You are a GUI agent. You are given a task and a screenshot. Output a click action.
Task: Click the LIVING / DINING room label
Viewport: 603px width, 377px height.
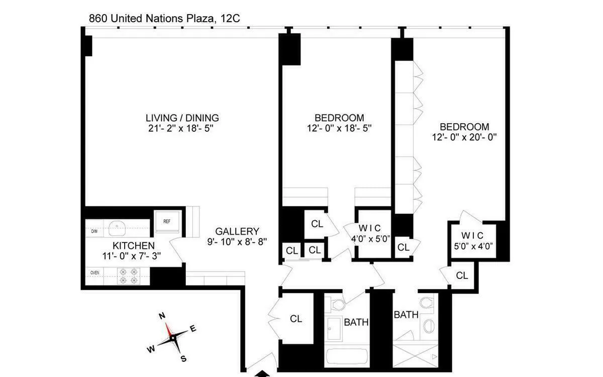pyautogui.click(x=182, y=118)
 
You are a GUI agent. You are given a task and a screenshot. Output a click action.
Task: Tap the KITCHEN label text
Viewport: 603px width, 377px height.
pyautogui.click(x=133, y=246)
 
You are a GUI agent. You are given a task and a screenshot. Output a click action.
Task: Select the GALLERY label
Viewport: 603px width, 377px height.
pyautogui.click(x=237, y=231)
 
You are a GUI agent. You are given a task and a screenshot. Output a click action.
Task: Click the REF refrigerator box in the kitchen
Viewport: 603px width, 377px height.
pyautogui.click(x=166, y=222)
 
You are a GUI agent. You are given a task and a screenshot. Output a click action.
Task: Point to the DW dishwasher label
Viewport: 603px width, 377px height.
pyautogui.click(x=94, y=231)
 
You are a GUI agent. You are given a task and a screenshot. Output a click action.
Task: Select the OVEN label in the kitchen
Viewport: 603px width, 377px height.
pyautogui.click(x=94, y=272)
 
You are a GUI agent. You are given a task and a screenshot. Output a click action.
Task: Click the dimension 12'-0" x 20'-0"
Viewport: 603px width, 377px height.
pyautogui.click(x=464, y=137)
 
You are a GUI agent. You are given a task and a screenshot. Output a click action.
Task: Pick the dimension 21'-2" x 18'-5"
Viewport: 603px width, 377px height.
pyautogui.click(x=182, y=129)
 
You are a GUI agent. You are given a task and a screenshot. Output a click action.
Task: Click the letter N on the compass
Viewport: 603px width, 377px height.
pyautogui.click(x=162, y=316)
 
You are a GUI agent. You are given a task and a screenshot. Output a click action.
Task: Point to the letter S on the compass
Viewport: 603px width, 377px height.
pyautogui.click(x=183, y=358)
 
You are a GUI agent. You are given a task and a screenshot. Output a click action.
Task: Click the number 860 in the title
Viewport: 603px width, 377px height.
pyautogui.click(x=98, y=19)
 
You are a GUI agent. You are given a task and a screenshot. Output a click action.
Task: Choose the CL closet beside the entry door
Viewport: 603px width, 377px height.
pyautogui.click(x=296, y=319)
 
